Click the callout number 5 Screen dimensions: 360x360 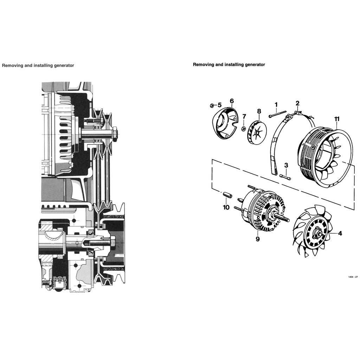[219, 105]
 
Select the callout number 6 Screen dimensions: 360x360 [232, 101]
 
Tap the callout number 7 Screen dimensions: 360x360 [244, 116]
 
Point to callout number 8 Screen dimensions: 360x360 [259, 111]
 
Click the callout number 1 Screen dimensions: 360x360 [276, 104]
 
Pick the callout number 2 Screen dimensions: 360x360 [297, 103]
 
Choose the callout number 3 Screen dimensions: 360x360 [286, 165]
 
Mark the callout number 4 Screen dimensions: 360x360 [340, 233]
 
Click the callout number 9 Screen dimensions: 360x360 [258, 239]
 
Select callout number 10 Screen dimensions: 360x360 [226, 207]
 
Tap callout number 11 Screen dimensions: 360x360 [337, 119]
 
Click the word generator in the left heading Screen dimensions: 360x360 [63, 65]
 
